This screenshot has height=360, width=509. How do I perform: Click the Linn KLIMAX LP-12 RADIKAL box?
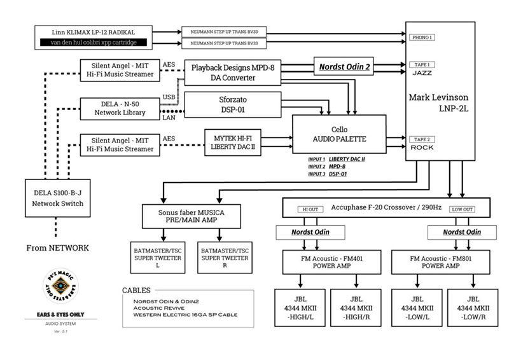point(94,32)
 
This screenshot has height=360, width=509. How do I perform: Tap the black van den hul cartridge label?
point(94,43)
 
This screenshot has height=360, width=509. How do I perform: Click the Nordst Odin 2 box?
point(344,65)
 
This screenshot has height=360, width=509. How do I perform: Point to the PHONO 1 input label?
point(422,38)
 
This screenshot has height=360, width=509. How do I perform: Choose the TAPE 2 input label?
point(422,139)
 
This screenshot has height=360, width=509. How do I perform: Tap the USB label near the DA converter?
point(169,97)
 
